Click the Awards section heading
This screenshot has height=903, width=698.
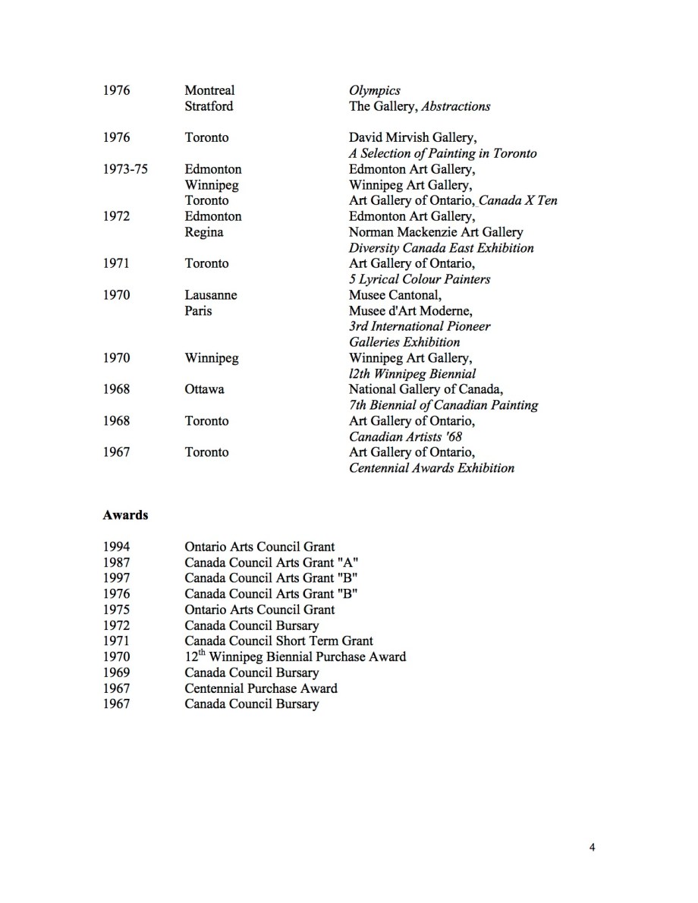(125, 515)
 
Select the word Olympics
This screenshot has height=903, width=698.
(375, 90)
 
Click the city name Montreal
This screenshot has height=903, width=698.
(209, 90)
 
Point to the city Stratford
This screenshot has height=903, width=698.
(209, 106)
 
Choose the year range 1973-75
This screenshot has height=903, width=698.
(125, 169)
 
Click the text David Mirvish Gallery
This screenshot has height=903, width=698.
(412, 137)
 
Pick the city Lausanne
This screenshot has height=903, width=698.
(211, 295)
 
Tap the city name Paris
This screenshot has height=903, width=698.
(199, 311)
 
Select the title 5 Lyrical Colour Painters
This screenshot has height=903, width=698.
(420, 279)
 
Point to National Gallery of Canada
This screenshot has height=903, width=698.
(425, 389)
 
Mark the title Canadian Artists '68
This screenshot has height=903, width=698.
(405, 437)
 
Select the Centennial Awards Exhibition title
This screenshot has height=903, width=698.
(432, 468)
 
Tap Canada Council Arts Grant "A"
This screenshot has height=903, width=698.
(272, 562)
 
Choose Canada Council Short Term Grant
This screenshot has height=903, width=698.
(279, 641)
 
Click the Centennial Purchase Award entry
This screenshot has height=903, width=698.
(261, 688)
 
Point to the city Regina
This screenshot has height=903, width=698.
(204, 232)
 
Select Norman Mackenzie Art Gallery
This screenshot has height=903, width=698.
(435, 232)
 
